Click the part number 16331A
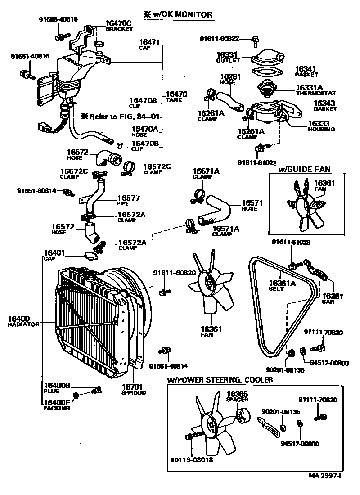[x=310, y=88]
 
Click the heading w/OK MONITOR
[x=178, y=15]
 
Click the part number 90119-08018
[x=192, y=459]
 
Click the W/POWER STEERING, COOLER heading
[x=220, y=380]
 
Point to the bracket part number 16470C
[x=119, y=23]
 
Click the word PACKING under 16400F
[x=57, y=409]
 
